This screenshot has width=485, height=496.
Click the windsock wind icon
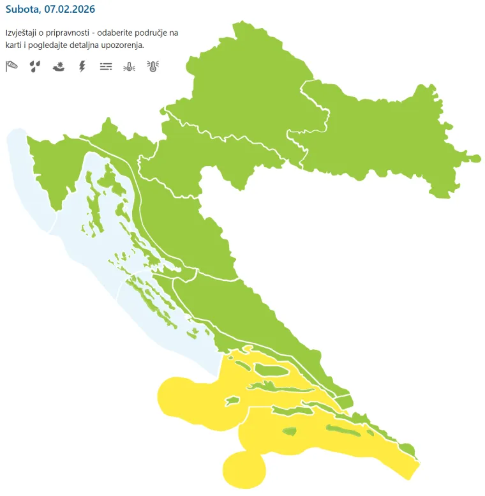pyautogui.click(x=11, y=66)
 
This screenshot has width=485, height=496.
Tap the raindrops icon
pyautogui.click(x=35, y=66)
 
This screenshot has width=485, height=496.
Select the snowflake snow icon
pyautogui.click(x=59, y=66)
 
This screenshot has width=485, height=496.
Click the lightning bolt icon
pyautogui.click(x=82, y=66)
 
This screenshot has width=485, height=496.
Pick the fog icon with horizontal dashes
pyautogui.click(x=106, y=66)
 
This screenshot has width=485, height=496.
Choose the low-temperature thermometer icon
pyautogui.click(x=129, y=66)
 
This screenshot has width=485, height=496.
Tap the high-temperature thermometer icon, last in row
pyautogui.click(x=153, y=66)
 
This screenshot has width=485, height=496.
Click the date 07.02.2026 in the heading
pyautogui.click(x=71, y=10)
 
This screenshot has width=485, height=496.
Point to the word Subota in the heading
pyautogui.click(x=23, y=10)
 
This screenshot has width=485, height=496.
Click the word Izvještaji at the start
pyautogui.click(x=24, y=32)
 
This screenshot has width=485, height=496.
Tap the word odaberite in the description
pyautogui.click(x=133, y=32)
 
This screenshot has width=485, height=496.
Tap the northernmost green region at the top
pyautogui.click(x=249, y=83)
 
